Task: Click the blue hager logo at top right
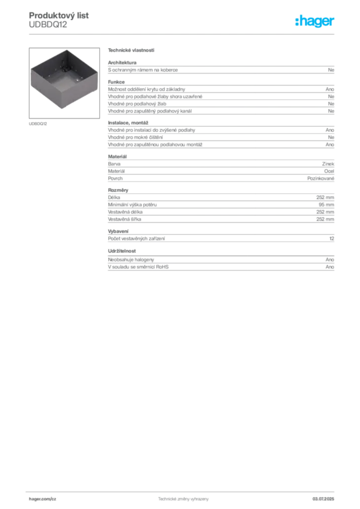pyautogui.click(x=315, y=21)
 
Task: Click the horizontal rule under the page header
pyautogui.click(x=182, y=34)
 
